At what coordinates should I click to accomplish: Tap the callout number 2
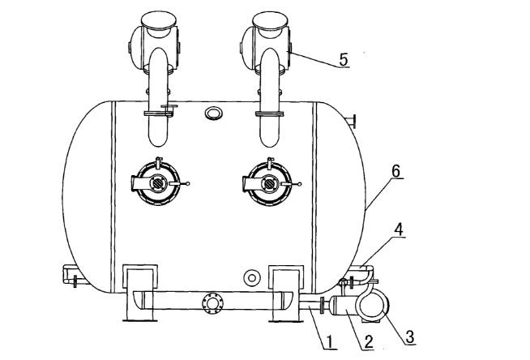(x=368, y=341)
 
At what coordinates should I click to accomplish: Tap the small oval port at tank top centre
(x=213, y=112)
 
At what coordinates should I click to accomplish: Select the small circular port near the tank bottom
(x=253, y=278)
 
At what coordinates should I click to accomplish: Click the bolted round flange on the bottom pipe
(x=213, y=303)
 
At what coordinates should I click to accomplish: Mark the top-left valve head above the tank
(x=154, y=37)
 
